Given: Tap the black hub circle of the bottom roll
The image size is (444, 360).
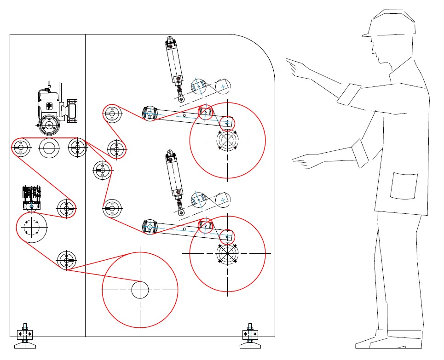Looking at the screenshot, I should click(140, 290).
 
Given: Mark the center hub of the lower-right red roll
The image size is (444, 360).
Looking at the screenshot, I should click(227, 253).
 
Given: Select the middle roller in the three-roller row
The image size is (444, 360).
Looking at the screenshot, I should click(49, 147).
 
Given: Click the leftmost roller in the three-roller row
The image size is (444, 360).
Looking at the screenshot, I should click(21, 147).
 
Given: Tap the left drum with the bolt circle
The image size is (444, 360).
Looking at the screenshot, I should click(32, 227).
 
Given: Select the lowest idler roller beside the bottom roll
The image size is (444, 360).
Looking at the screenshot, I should click(66, 261).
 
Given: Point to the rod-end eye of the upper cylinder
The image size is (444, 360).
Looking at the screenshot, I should click(181, 99).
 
